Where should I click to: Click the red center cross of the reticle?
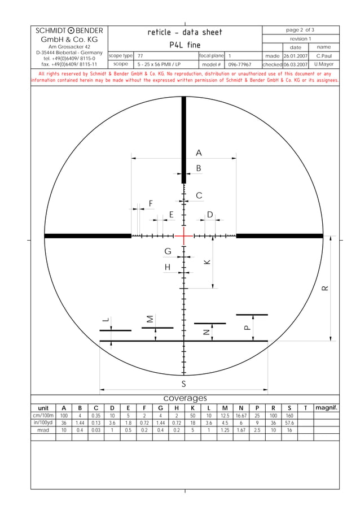point(184,236)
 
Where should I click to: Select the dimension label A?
point(199,153)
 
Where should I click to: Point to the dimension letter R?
point(324,288)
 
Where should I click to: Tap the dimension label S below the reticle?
point(183,384)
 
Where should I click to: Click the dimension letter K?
point(207,262)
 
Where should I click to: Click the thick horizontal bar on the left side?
point(87,236)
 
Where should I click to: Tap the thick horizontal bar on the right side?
point(279,236)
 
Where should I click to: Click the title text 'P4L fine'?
point(185,45)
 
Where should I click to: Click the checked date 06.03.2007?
point(295,64)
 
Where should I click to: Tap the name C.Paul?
point(324,56)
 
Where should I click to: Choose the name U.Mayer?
point(324,64)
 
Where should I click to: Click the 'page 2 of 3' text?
point(300,30)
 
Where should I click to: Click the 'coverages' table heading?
point(185,399)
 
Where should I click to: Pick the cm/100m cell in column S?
point(289,415)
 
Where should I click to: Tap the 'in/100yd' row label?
point(43,422)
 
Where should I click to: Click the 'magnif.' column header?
point(326,408)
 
